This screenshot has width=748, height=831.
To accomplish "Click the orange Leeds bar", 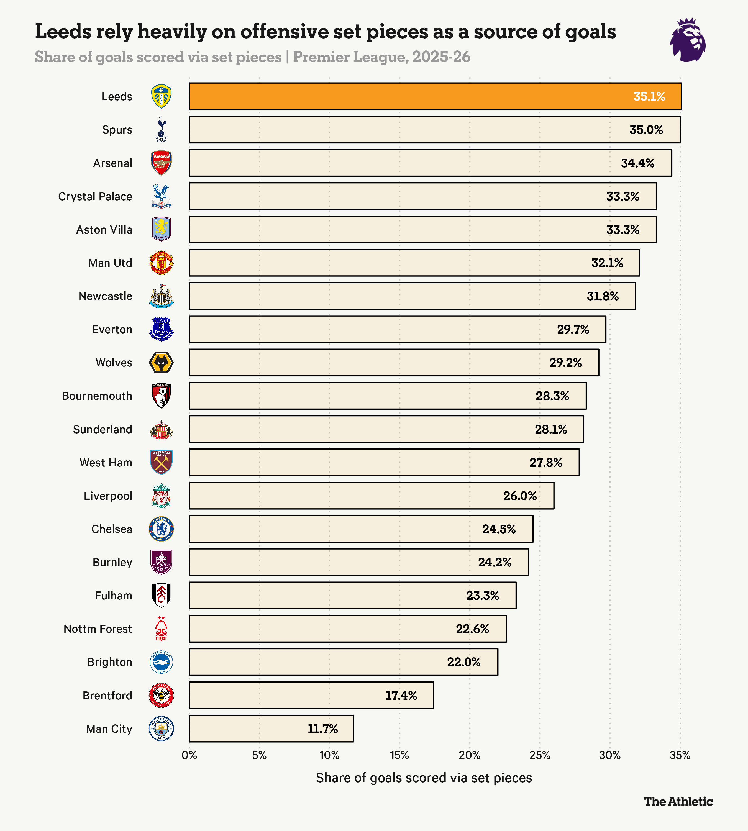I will click(411, 96).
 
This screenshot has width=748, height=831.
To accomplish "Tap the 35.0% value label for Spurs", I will click(646, 130).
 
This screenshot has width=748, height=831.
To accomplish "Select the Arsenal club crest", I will click(161, 163).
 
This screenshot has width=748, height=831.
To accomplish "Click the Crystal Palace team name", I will click(95, 196).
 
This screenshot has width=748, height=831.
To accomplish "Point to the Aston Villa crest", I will click(161, 229).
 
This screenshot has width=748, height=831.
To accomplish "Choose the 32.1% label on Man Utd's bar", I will click(607, 263).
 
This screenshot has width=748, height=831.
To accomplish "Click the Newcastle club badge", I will click(161, 296).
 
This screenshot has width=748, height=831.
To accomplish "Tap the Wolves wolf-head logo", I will click(161, 363).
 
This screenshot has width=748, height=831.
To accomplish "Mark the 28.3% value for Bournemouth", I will click(552, 396).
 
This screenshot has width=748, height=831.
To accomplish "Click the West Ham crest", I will click(161, 462).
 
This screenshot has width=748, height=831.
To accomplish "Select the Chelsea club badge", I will click(161, 529).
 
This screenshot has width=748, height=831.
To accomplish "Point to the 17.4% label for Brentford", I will click(401, 695).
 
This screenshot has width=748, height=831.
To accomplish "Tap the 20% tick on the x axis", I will click(469, 755).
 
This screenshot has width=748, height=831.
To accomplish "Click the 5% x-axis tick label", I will click(259, 755).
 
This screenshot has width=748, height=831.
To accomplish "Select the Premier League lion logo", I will click(688, 40).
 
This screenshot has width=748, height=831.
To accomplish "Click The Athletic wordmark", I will click(678, 801).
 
